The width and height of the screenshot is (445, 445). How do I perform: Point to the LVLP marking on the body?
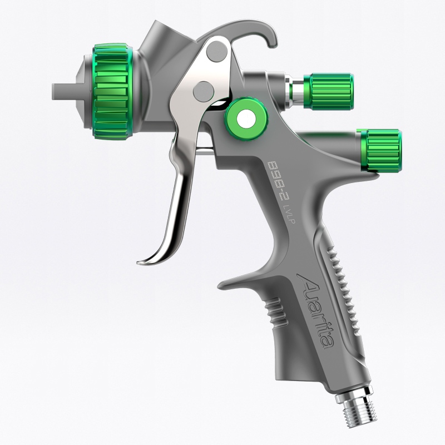click(290, 215)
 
